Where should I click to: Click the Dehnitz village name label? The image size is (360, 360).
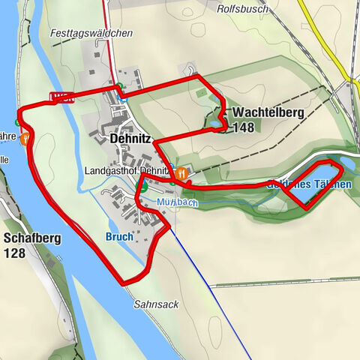(130, 139)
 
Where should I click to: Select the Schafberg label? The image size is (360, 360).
(33, 239)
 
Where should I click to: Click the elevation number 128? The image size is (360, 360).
(15, 253)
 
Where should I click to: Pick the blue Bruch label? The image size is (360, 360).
(119, 236)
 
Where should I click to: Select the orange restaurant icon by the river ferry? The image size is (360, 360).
(25, 139)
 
